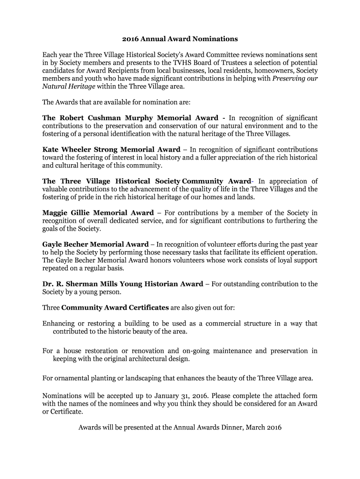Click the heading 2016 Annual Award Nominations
click(180, 39)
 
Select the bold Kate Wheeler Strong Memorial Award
click(111, 150)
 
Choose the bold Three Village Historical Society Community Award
click(147, 181)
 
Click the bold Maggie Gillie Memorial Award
click(98, 213)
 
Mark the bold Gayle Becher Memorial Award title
click(95, 245)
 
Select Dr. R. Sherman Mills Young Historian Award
click(122, 284)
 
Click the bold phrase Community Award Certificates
click(115, 308)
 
